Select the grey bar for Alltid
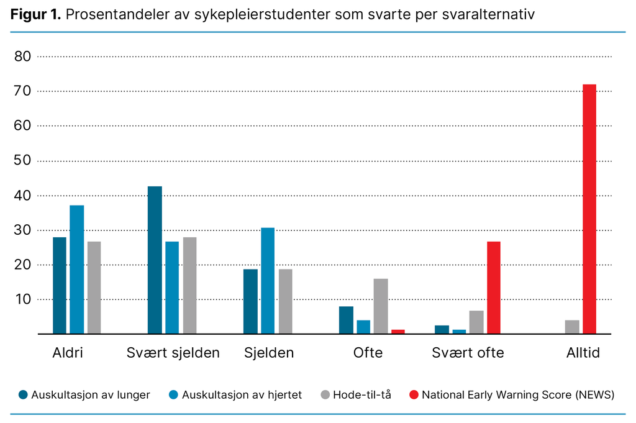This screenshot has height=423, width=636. point(572,327)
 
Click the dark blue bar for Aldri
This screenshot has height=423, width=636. point(59,285)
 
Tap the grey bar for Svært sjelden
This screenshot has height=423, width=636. point(189,285)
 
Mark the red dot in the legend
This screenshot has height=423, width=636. point(414,394)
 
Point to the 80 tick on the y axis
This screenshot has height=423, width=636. point(22,57)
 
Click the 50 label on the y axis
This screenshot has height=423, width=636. point(22,161)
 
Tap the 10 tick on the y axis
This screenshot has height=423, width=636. point(22,299)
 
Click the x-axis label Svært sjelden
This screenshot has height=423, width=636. point(173,353)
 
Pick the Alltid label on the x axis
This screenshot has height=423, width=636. point(583,353)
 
